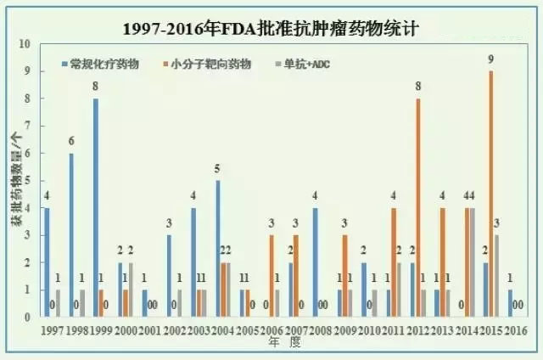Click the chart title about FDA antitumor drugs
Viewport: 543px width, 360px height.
point(271,28)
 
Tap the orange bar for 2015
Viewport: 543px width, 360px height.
point(490,194)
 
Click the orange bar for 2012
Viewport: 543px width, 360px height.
point(417,207)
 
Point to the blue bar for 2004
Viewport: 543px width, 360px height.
point(217,248)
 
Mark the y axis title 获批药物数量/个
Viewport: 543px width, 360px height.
point(13,180)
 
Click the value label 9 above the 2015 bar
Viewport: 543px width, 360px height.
point(490,59)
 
